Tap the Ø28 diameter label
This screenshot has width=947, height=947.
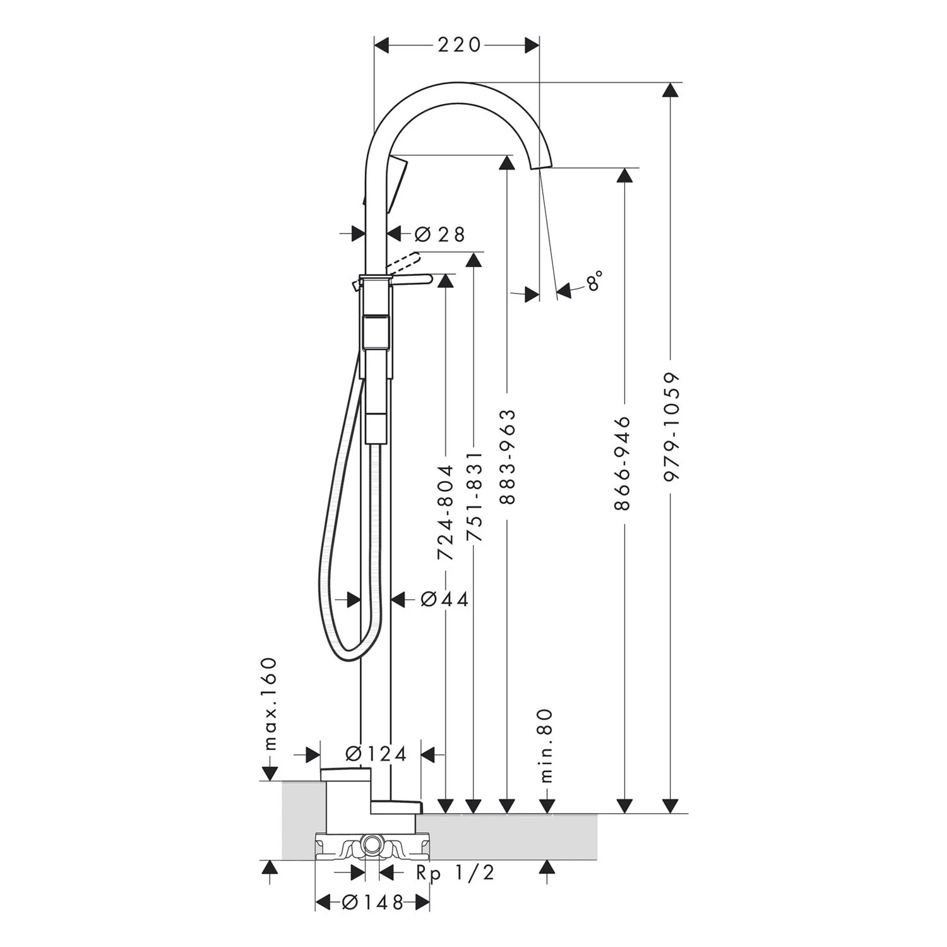tap(439, 234)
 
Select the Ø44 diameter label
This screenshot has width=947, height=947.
tap(444, 599)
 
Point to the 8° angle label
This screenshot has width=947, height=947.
tap(594, 281)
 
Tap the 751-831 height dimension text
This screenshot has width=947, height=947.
tap(473, 496)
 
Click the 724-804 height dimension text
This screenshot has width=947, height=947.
tap(446, 513)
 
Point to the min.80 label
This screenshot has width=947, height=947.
tap(546, 745)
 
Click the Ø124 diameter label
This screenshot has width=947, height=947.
tap(376, 753)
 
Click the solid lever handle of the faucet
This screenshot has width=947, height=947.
tap(410, 278)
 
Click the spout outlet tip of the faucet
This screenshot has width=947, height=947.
tap(541, 165)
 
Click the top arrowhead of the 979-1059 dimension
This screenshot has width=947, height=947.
tap(672, 90)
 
